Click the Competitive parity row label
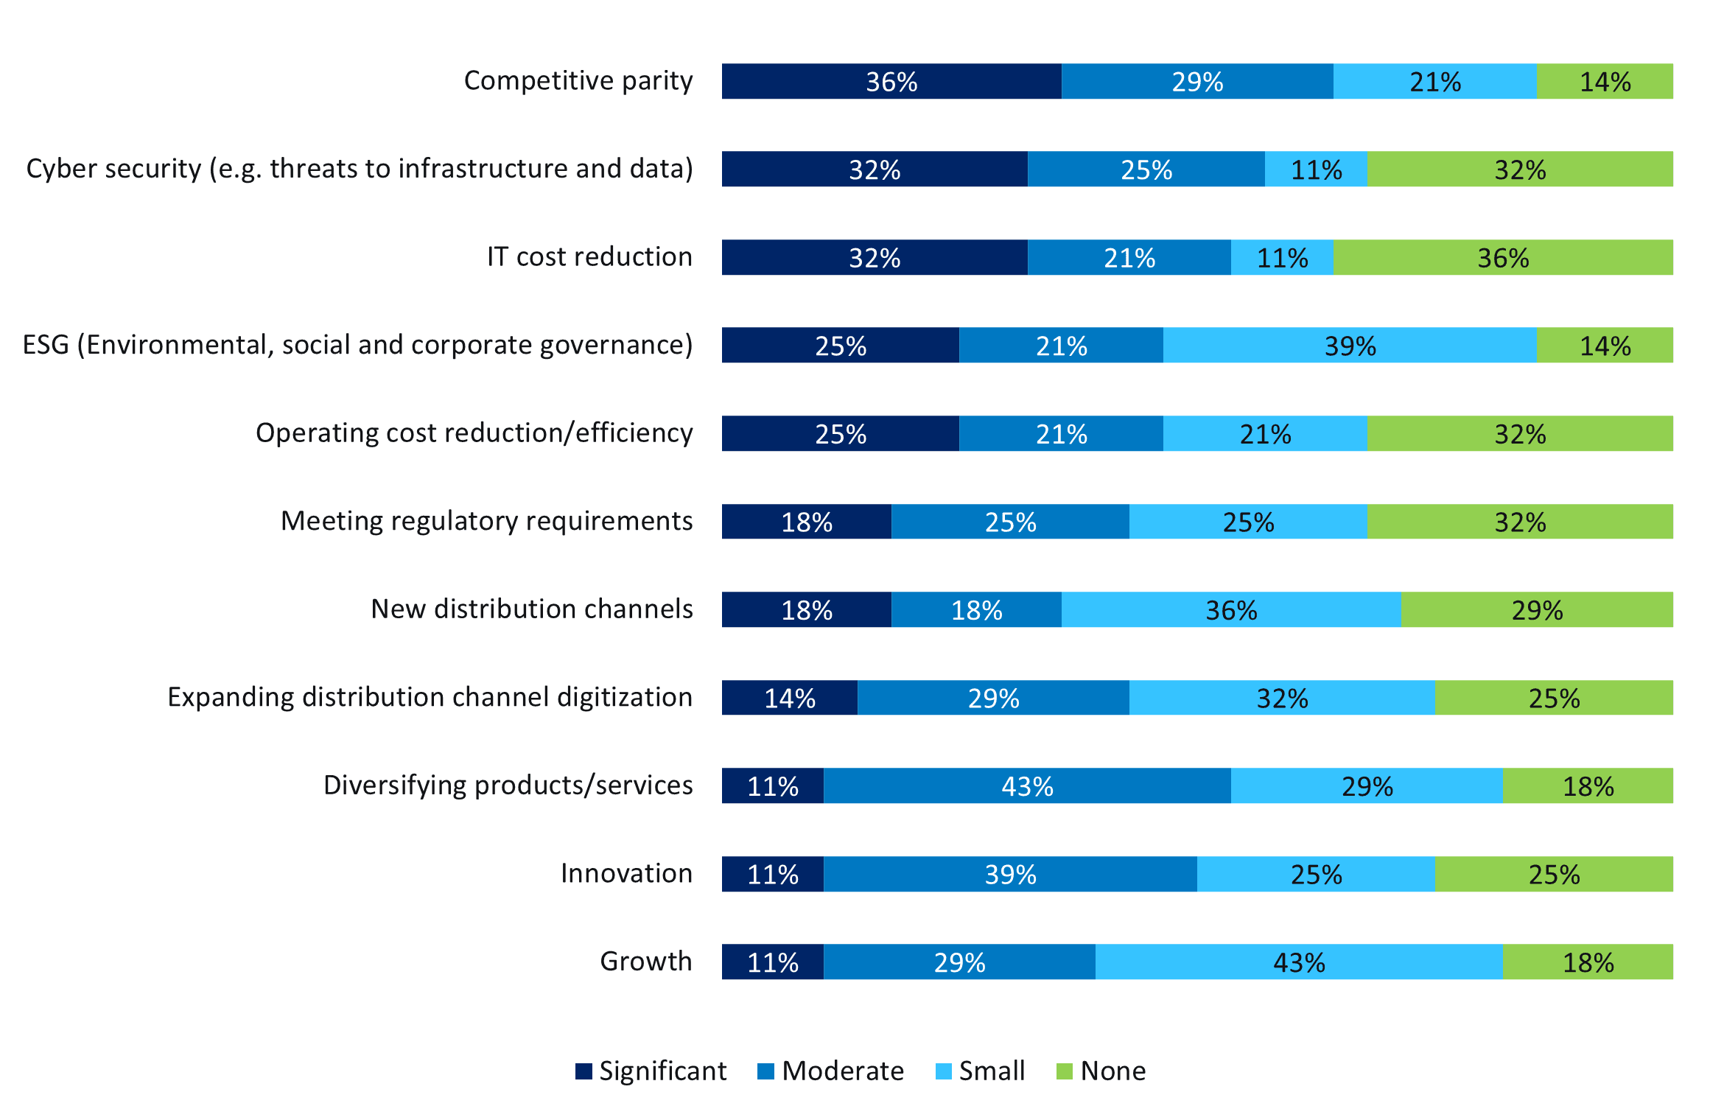point(578,80)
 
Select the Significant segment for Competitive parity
point(891,81)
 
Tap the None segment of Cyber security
point(1519,169)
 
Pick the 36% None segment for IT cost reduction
point(1502,257)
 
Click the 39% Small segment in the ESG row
point(1350,345)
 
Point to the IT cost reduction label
point(589,256)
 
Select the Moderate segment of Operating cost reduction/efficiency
point(1061,433)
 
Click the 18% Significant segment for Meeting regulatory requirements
point(807,522)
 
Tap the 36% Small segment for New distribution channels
point(1230,609)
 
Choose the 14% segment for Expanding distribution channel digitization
point(790,698)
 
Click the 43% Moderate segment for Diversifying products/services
point(1027,785)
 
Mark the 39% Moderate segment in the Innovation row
point(1010,874)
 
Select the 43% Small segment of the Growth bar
point(1298,962)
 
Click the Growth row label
point(646,962)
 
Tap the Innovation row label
point(626,873)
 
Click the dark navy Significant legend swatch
point(584,1071)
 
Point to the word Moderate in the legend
point(843,1071)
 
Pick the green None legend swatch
point(1064,1071)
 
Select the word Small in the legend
point(992,1071)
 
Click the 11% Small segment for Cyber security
point(1316,169)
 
